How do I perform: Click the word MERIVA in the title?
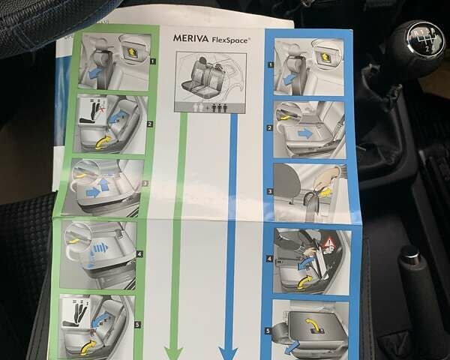(x=190, y=38)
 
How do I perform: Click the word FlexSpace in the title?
(x=230, y=40)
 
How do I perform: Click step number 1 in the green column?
(x=153, y=61)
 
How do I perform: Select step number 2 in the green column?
(x=150, y=124)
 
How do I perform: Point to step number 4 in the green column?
(x=139, y=253)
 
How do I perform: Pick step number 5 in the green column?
(x=138, y=325)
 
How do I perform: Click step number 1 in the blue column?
(x=271, y=64)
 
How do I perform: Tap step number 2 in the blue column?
(x=269, y=128)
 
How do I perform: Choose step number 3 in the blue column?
(x=270, y=191)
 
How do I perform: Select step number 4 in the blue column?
(x=269, y=259)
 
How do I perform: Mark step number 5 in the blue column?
(x=268, y=331)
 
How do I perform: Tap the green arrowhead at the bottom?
(x=173, y=353)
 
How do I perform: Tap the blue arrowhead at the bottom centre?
(x=228, y=353)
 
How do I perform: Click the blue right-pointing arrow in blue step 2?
(x=305, y=133)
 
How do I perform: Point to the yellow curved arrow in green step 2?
(x=103, y=142)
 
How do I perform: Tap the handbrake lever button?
(x=409, y=253)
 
